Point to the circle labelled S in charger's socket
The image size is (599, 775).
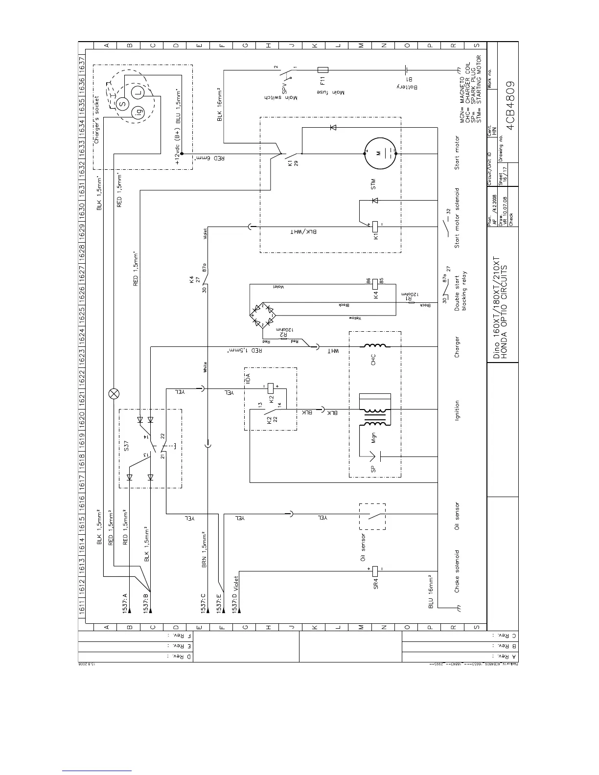[x=123, y=103]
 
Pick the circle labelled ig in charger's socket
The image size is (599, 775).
[x=137, y=115]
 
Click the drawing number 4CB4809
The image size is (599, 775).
[x=511, y=104]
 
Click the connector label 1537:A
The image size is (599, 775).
[x=125, y=603]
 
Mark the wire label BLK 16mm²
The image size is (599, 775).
[x=219, y=104]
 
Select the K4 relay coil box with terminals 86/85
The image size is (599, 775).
[x=375, y=282]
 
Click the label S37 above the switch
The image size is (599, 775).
[x=126, y=445]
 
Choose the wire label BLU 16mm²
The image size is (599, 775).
[x=431, y=592]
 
